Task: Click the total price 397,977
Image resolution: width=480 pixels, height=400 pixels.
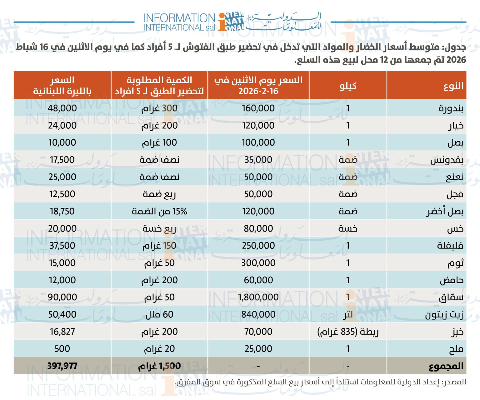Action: point(62,366)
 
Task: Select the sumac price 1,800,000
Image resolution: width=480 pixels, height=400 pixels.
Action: point(258,297)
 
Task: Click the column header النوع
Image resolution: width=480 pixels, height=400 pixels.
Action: point(453,86)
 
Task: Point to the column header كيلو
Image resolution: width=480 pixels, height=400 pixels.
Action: point(348,86)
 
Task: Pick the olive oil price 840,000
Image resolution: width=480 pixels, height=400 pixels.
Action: point(258,314)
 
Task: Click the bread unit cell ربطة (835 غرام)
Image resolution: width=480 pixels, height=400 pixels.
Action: point(348,331)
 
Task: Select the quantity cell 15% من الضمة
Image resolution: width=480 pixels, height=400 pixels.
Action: point(159,211)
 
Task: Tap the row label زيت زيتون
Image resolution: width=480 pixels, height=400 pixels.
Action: point(444,315)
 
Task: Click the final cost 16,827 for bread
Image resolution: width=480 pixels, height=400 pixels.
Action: point(62,331)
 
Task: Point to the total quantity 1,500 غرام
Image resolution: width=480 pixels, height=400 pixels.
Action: point(159,366)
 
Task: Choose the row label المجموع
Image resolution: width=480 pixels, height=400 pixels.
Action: point(446,366)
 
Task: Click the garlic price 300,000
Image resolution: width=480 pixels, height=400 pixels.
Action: point(258,263)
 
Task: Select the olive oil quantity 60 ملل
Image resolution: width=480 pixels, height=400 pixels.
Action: point(159,314)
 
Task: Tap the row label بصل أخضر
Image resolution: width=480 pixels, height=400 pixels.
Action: point(445,212)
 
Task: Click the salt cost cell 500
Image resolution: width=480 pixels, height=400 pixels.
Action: point(62,349)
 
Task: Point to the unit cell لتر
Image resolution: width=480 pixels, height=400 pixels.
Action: point(348,315)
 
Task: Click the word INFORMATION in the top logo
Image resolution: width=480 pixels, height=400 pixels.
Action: point(179,18)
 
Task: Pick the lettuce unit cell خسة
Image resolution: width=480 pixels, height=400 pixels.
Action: point(348,228)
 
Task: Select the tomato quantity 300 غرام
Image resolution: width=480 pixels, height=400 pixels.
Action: point(159,108)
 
